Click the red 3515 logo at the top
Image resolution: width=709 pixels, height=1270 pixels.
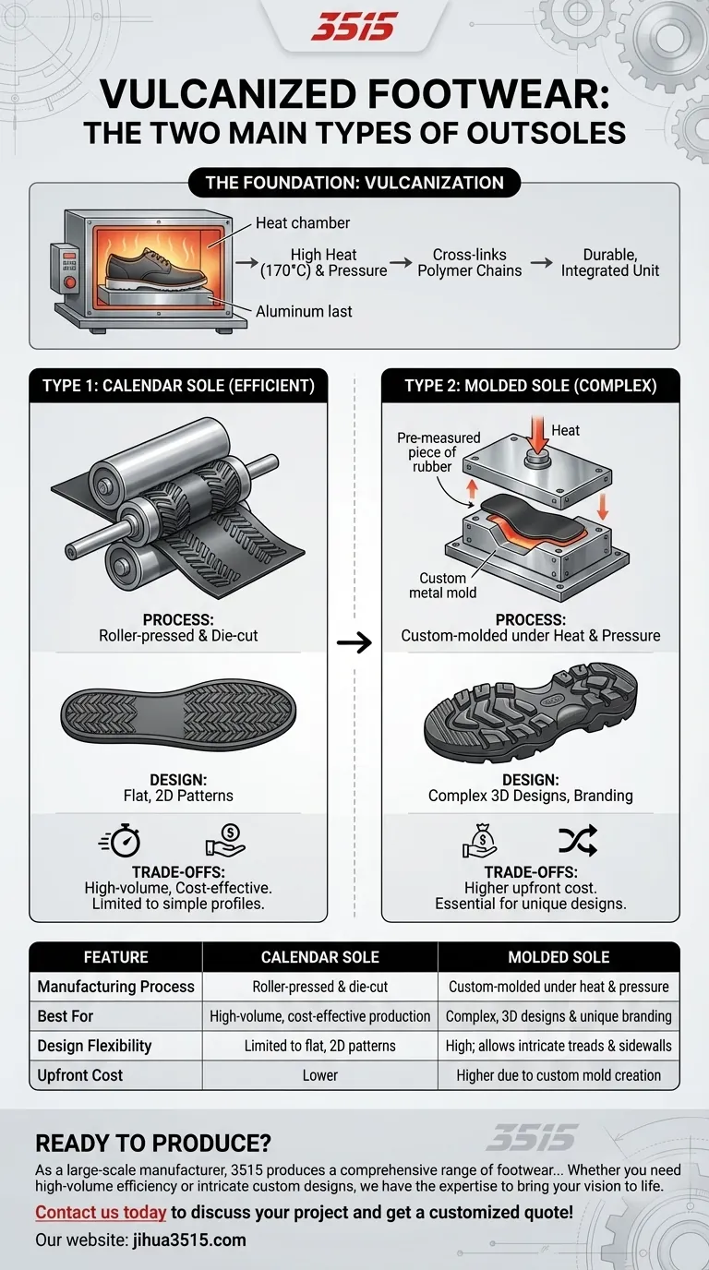pos(354,27)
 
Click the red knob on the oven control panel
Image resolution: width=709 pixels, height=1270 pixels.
pos(70,282)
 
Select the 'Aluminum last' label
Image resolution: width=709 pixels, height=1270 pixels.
pos(304,311)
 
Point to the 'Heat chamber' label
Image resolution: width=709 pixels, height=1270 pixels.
pos(302,222)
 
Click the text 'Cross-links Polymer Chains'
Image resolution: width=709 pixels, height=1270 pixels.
pos(470,262)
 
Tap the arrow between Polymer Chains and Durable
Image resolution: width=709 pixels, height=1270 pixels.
pos(541,262)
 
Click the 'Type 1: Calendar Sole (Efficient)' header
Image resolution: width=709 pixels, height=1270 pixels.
pos(178,386)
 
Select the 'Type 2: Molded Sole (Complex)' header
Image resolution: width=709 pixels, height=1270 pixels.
pos(530,386)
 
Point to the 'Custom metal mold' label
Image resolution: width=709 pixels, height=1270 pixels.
pos(442,585)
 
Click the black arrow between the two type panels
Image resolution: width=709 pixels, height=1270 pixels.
pos(354,642)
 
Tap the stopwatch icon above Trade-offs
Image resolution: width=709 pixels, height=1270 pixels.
pos(120,840)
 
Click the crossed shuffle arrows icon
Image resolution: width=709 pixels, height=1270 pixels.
pos(577,840)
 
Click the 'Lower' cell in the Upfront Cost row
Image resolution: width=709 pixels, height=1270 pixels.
pos(320,1075)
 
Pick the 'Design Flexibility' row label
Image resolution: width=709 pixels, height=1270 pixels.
pos(94,1046)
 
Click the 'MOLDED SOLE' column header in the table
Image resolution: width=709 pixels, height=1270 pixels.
pos(559,957)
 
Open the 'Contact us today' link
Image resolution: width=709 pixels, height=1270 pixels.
pos(101,1212)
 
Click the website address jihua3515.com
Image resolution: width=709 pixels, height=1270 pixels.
pos(189,1240)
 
